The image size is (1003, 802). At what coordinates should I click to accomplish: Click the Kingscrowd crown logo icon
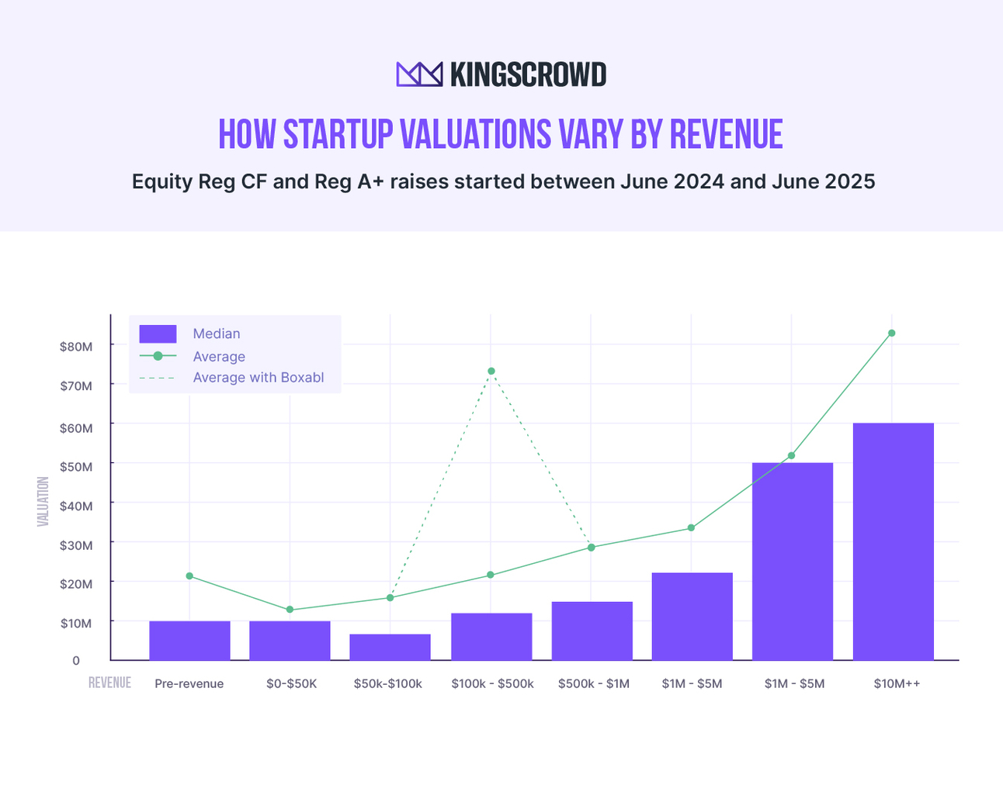coord(419,74)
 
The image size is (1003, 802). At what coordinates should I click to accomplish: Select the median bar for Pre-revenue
coord(189,641)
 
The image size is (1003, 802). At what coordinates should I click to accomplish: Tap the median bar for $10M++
coord(893,541)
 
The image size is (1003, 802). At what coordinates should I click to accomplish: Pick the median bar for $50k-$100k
coord(390,648)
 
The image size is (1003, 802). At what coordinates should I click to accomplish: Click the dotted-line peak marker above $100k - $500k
coord(491,371)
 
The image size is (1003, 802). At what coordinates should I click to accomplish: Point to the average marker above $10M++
coord(891,334)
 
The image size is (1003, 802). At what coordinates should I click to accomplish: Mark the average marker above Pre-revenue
coord(189,576)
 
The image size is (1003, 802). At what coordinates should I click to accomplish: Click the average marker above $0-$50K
coord(290,610)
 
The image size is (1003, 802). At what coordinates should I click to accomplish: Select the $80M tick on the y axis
coord(76,346)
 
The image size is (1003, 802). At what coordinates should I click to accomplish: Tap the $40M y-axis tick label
coord(76,506)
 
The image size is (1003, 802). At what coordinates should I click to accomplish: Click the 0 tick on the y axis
coord(76,661)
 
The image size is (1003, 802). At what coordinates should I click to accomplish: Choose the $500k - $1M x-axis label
coord(593,684)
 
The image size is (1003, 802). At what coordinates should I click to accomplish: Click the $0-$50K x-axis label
coord(291,684)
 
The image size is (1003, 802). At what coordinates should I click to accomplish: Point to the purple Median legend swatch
coord(158,334)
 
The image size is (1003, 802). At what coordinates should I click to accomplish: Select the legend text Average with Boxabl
coord(258,378)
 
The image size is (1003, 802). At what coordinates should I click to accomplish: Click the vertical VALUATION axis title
coord(43,502)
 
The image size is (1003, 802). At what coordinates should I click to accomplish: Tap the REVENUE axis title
coord(109,683)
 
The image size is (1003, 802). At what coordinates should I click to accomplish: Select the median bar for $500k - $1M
coord(592,631)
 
